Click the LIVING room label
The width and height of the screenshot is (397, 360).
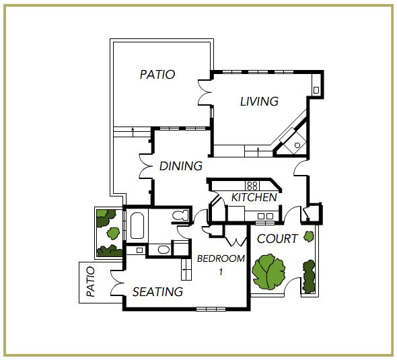pos(259,101)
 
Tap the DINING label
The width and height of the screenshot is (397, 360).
pos(181,166)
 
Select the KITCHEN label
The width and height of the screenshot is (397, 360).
pos(254,197)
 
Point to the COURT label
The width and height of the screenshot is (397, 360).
pos(277,239)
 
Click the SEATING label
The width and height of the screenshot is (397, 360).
pos(157,292)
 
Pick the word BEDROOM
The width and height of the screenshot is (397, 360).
pos(221,258)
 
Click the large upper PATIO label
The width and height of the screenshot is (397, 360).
pos(157,75)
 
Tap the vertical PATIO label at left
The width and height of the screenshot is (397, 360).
pos(91,281)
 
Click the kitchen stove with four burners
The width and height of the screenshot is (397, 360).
pos(252,186)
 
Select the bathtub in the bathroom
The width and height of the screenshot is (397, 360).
pos(137,225)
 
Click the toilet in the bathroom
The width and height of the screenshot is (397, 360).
pos(180,215)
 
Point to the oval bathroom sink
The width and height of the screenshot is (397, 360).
pos(164,250)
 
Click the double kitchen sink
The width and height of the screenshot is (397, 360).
pos(265,216)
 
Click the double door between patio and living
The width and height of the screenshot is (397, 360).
pos(205,92)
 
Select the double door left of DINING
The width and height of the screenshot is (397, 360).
pos(145,166)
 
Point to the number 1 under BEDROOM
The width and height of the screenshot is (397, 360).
pos(221,272)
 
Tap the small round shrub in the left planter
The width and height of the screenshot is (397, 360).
pos(112,233)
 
